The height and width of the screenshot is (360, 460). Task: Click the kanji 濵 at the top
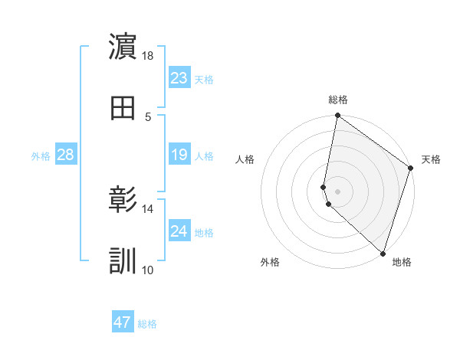coord(123,47)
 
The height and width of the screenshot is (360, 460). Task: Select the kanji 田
coord(123,108)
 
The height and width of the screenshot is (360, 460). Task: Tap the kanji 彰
coord(123,200)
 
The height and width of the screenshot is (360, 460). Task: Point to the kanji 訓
coord(123,261)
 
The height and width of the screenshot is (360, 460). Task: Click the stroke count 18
coord(148,56)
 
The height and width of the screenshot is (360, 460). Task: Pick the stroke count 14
coord(148,208)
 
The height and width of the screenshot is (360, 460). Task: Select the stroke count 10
coord(148,270)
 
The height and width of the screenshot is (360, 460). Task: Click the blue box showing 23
coord(179,78)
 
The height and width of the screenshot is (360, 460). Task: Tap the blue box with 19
coord(179,155)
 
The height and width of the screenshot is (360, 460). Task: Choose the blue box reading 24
coord(179,231)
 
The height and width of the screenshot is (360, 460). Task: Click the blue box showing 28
coord(65,155)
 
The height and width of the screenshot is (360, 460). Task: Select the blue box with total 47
coord(123,322)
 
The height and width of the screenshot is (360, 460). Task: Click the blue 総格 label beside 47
coord(147,324)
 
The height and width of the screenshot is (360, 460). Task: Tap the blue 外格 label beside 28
coord(41,156)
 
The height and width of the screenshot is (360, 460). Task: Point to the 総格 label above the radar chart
coord(338,100)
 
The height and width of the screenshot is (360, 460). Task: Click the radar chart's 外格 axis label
coord(270,263)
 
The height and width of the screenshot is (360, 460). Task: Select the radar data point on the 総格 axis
coord(337,116)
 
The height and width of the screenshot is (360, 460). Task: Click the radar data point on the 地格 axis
coord(383,254)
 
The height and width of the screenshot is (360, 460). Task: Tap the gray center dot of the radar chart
coord(337,191)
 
